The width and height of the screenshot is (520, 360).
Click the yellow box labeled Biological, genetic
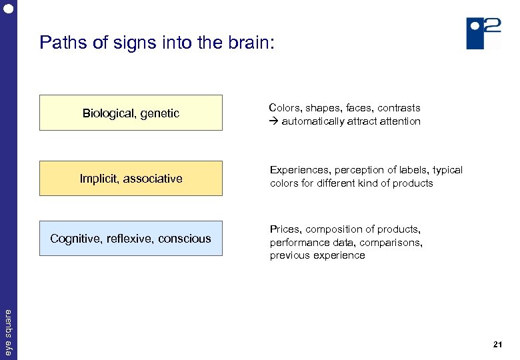click(131, 113)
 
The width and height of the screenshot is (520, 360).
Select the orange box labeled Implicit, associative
click(131, 178)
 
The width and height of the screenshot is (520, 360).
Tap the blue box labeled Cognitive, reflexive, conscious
click(131, 238)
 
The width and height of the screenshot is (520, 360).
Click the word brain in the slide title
click(243, 43)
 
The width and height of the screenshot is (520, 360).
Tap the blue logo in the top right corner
click(483, 33)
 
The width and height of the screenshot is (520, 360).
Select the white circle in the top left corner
click(8, 9)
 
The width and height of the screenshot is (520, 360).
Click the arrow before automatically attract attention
click(273, 121)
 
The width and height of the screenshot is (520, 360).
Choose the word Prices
click(285, 229)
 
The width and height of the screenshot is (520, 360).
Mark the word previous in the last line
click(289, 255)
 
